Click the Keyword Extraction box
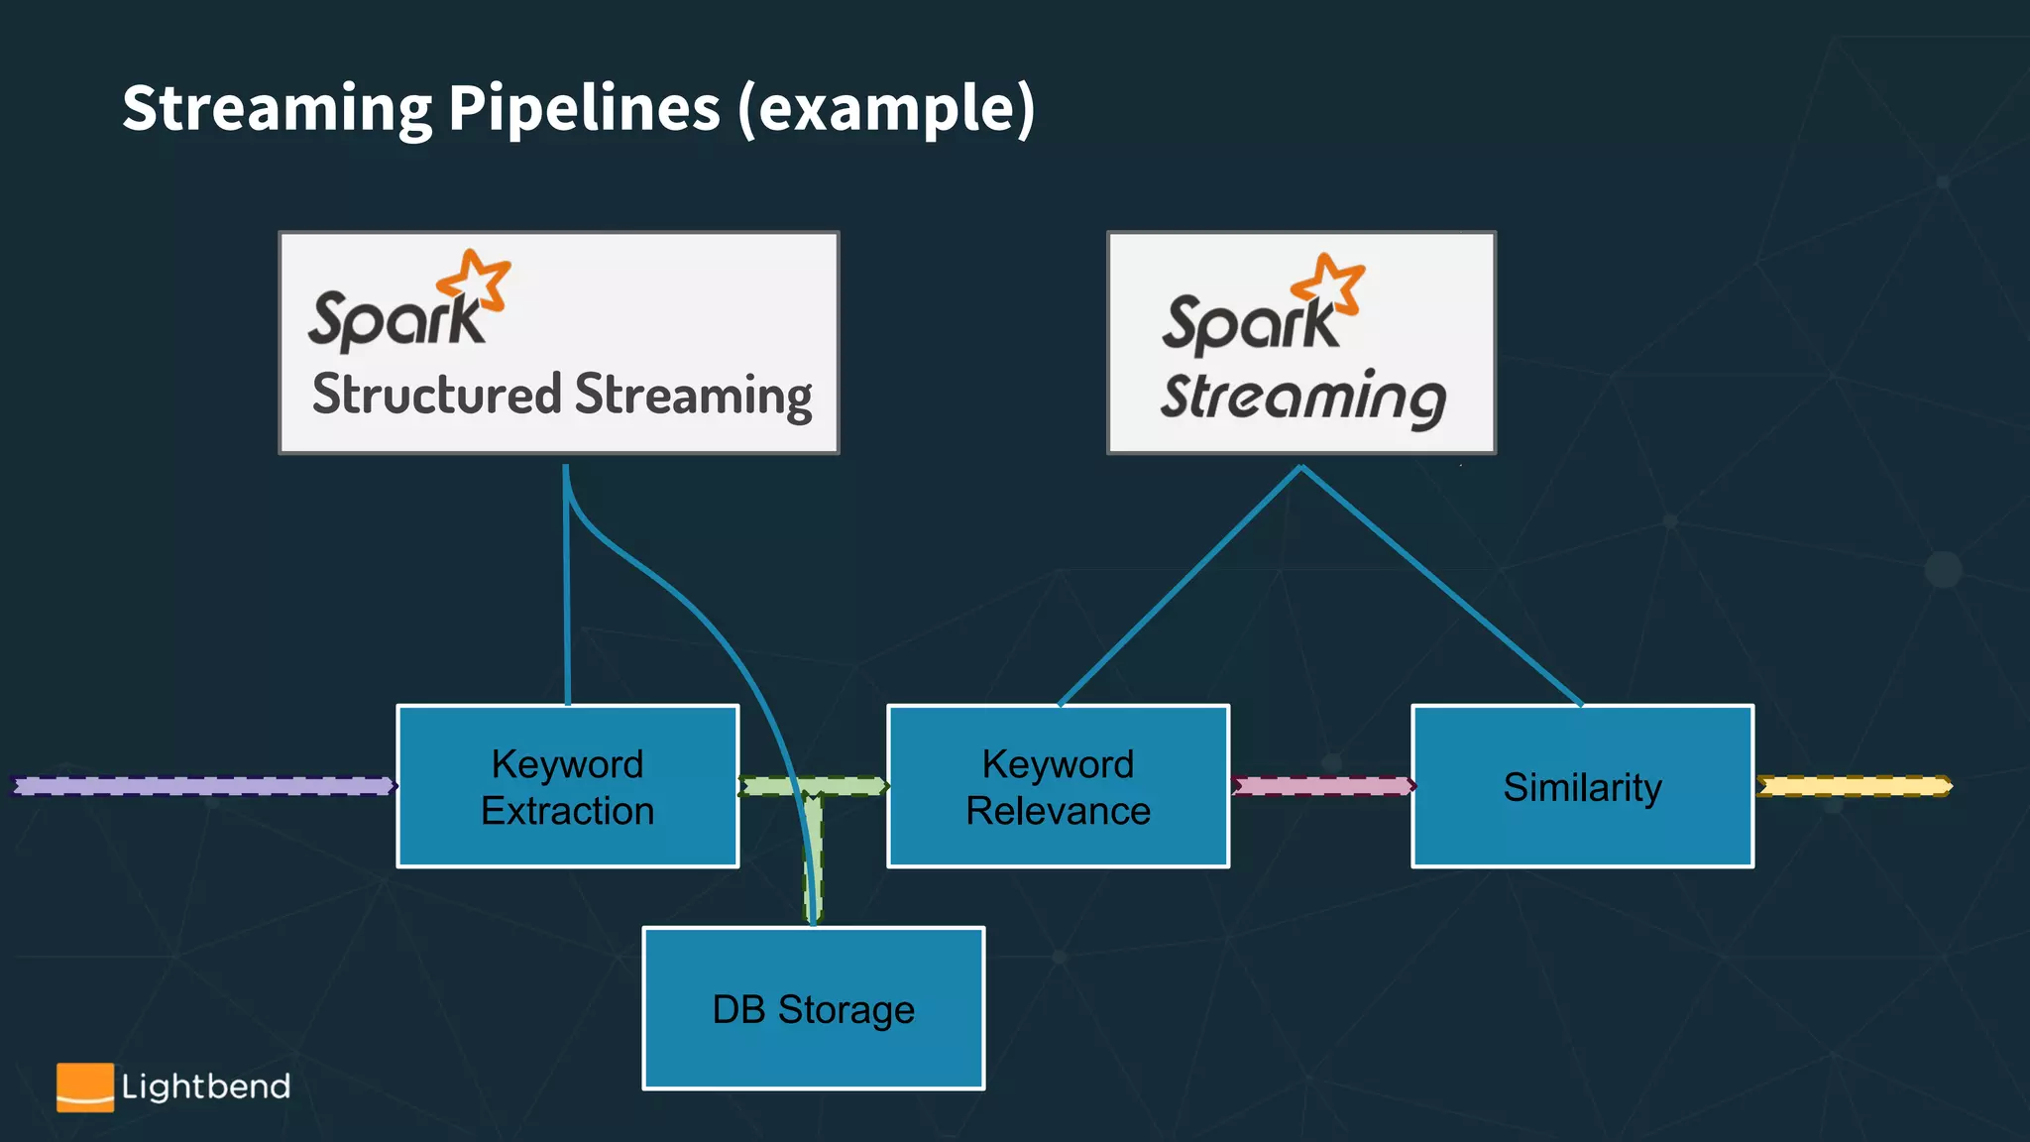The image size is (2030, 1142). point(567,786)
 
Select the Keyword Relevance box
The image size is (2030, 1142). point(1058,786)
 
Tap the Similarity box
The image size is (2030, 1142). point(1582,786)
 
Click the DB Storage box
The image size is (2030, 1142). point(813,1008)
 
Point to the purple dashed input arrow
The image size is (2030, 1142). point(203,786)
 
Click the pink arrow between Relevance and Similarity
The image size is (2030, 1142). point(1321,786)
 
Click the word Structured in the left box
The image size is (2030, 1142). point(437,395)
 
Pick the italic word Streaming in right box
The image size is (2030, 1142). point(1302,399)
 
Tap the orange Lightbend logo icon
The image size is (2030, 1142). point(84,1086)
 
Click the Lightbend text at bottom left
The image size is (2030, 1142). point(206,1086)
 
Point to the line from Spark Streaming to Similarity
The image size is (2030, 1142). point(1442,586)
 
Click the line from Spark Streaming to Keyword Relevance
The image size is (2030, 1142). point(1180,586)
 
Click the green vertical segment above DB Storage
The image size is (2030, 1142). point(813,857)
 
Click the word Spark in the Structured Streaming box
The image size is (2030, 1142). point(395,319)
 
